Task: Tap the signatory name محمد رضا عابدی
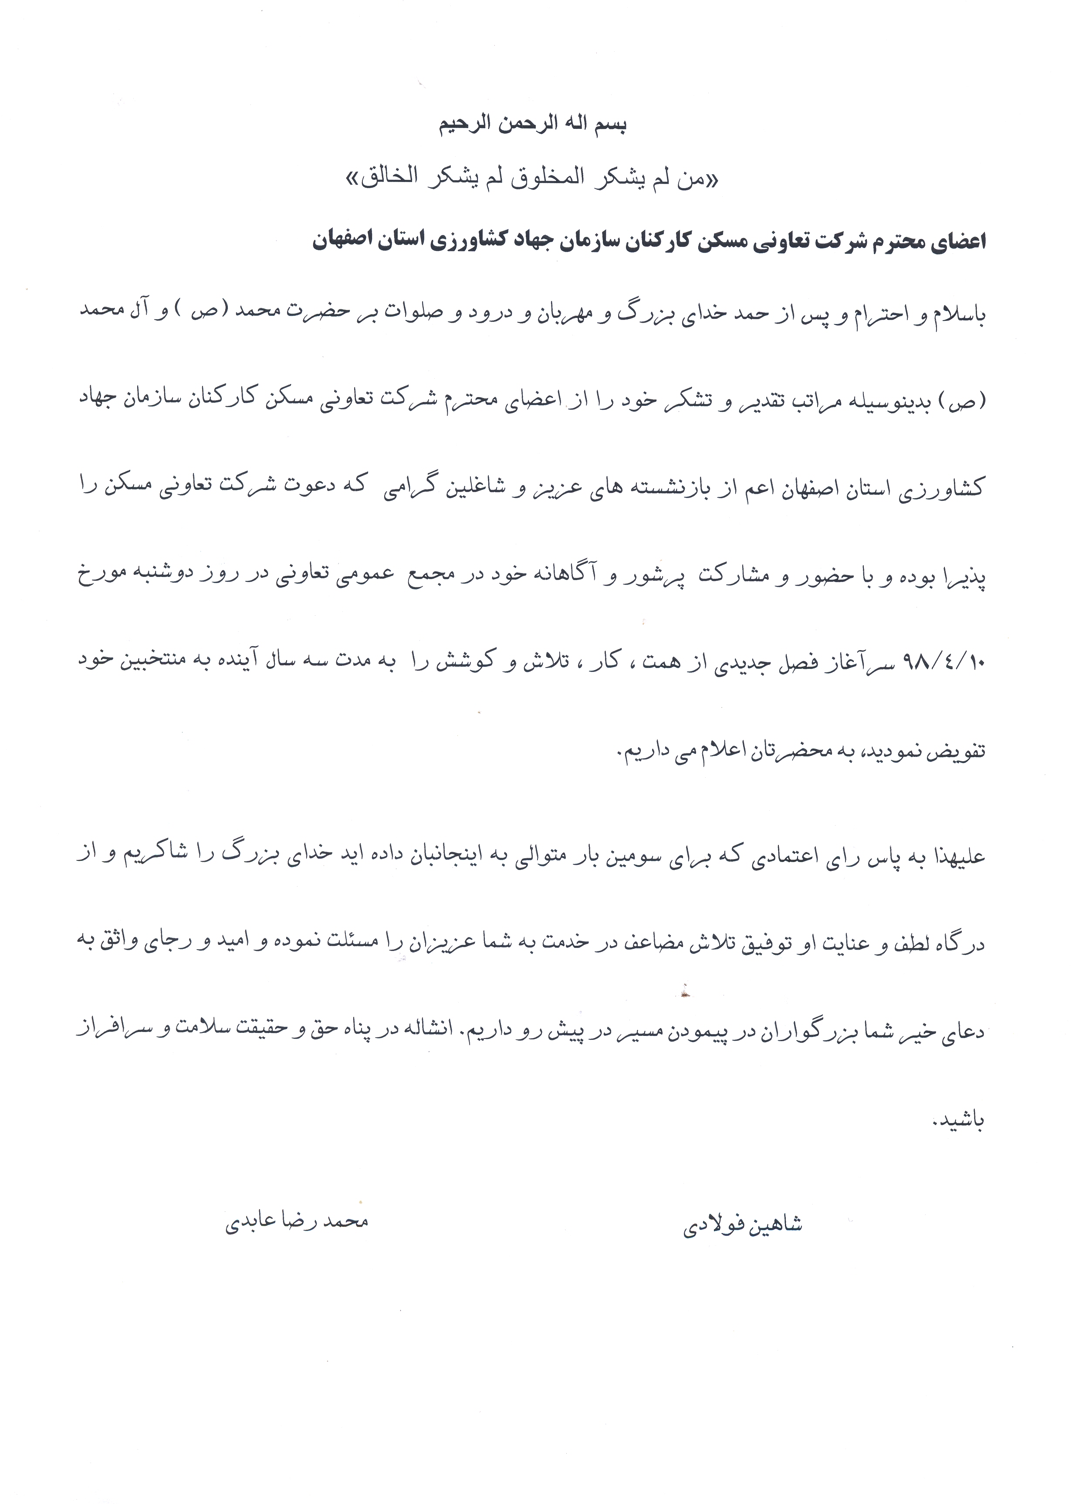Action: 297,1221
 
